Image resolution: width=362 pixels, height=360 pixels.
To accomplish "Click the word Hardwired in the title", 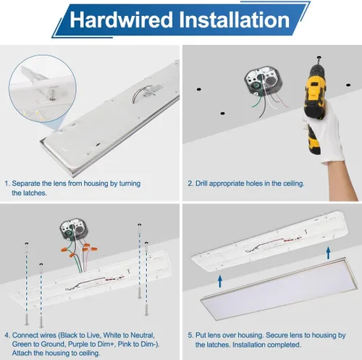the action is tap(122, 20).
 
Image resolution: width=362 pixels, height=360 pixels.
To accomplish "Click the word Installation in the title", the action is tap(235, 20).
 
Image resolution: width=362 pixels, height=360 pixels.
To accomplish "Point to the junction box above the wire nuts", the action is tap(73, 230).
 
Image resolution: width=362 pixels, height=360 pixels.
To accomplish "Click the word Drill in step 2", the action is tap(201, 183).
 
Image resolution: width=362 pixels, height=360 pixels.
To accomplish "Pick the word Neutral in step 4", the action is tap(142, 335).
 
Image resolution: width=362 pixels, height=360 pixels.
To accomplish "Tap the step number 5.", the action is tap(190, 335).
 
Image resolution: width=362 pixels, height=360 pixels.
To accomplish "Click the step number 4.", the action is tap(7, 335).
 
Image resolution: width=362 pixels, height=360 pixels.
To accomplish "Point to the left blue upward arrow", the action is tap(220, 282).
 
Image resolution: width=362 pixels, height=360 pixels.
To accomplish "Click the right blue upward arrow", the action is tap(328, 253).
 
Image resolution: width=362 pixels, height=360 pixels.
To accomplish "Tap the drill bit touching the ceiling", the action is tap(319, 61).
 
